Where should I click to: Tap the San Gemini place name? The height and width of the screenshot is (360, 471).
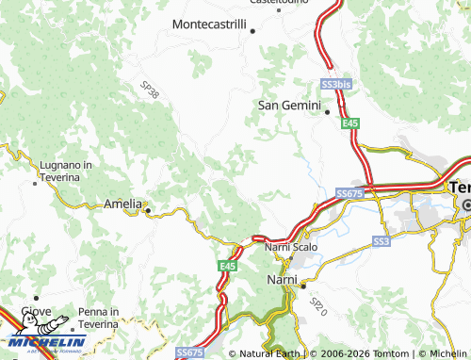click(290, 105)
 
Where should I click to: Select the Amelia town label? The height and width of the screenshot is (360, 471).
click(122, 204)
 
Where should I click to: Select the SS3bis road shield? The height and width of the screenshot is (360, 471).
click(335, 84)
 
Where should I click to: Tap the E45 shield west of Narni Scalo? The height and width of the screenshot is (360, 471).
click(227, 267)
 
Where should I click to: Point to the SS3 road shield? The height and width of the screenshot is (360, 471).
click(381, 242)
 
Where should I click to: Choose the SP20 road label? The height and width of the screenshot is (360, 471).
click(317, 304)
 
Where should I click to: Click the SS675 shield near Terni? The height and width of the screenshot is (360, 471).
click(349, 193)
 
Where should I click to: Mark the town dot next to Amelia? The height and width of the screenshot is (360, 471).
click(147, 210)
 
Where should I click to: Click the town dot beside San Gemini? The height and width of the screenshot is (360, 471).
click(327, 112)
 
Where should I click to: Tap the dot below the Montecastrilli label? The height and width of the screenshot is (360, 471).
click(252, 30)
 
